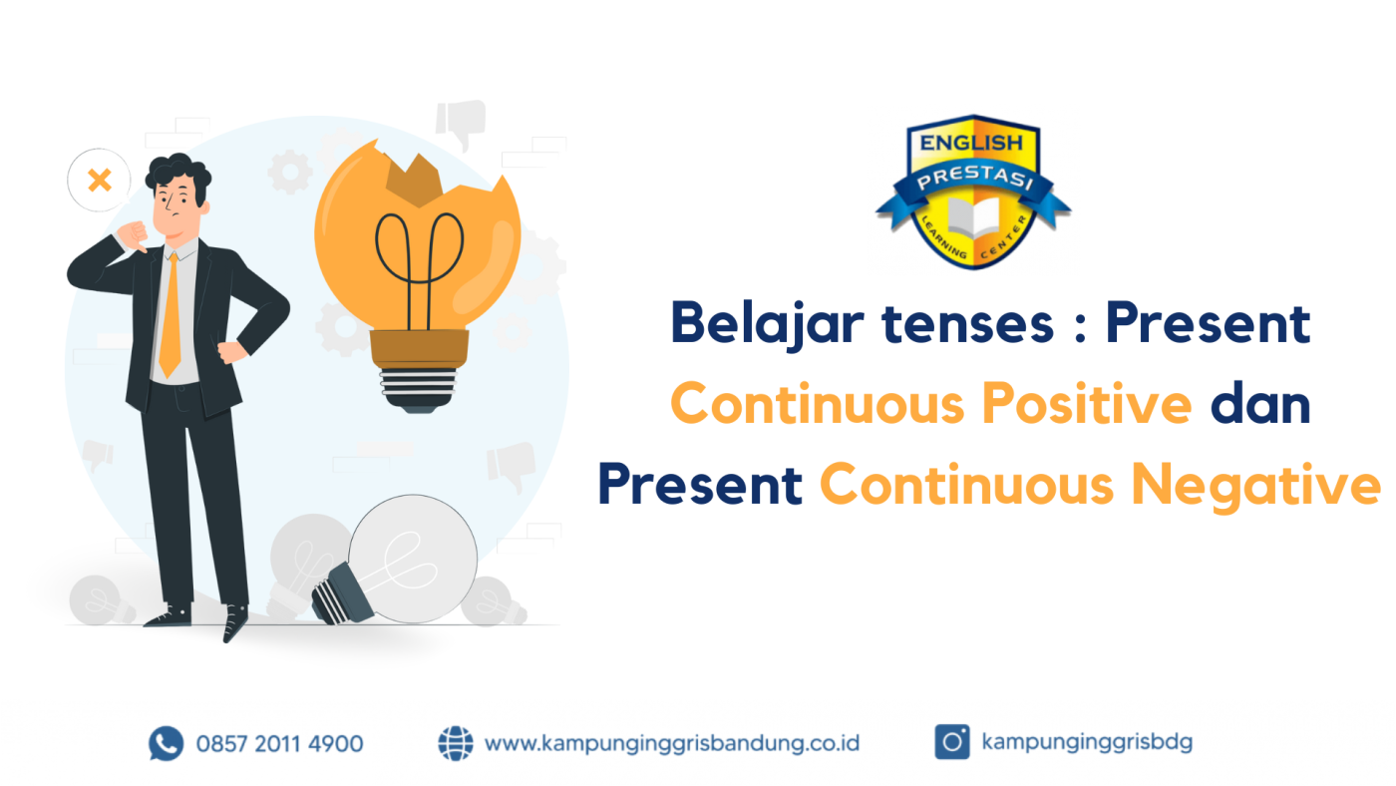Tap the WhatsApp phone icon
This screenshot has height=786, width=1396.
(166, 743)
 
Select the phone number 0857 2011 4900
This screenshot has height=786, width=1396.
(279, 743)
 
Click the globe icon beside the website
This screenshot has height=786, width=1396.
(456, 743)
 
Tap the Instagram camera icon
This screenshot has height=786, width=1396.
(951, 742)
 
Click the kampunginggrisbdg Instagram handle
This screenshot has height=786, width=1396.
(1087, 742)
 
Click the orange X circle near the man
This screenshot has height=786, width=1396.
(99, 181)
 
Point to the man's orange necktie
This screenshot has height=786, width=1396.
(171, 314)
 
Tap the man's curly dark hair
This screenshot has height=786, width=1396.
(177, 176)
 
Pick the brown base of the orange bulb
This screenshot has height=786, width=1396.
(419, 349)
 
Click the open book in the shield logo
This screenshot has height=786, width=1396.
(972, 217)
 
